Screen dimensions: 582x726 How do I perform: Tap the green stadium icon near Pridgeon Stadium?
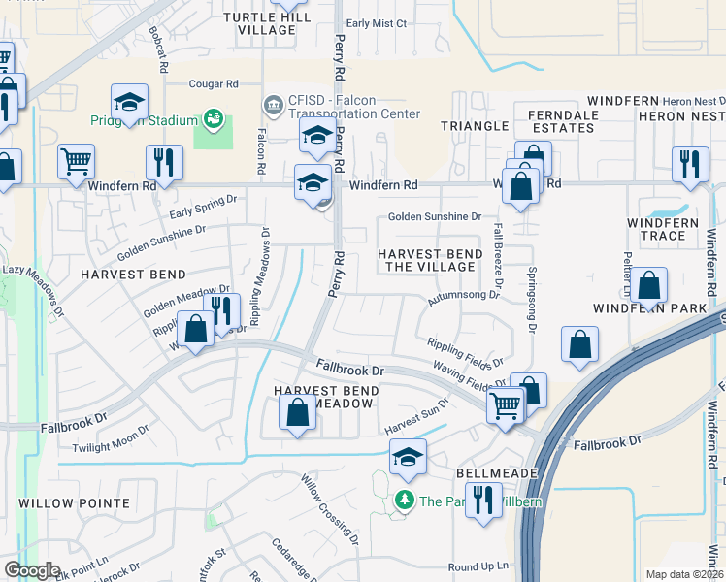213,120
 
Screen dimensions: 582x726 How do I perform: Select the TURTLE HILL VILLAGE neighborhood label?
259,23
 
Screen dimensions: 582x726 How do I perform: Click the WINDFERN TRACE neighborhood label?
663,229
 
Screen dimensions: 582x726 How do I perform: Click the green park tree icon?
404,501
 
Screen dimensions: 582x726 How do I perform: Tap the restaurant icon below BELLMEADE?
481,501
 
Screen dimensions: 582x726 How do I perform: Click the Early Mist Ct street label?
377,23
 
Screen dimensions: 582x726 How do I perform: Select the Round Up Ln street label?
478,566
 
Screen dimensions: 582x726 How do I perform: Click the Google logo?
32,570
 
